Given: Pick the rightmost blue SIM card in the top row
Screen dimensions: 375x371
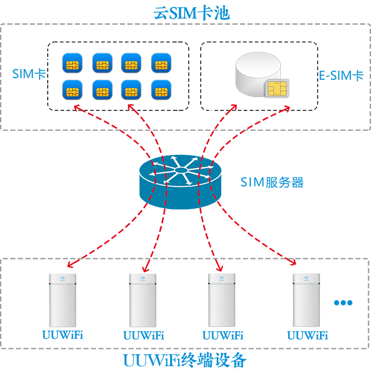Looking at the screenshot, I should tap(160, 63).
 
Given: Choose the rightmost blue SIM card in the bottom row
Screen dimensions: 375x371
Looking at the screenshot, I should tap(160, 90).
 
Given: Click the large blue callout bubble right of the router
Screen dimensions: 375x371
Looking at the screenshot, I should tap(296, 185).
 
